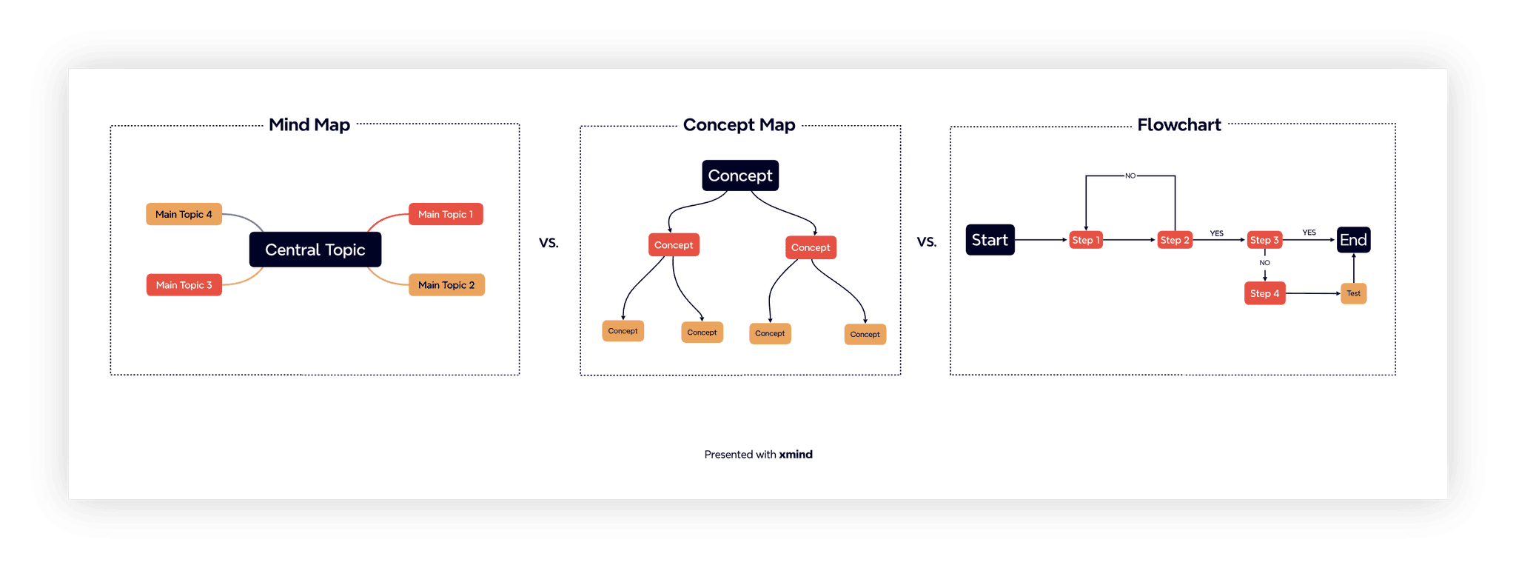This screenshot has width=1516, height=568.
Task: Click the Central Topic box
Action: click(315, 250)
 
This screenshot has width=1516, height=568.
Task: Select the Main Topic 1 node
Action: click(446, 214)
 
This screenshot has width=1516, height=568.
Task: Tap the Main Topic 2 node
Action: click(446, 285)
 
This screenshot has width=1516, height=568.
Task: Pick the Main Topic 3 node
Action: click(184, 285)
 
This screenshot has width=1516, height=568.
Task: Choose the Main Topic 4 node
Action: click(184, 214)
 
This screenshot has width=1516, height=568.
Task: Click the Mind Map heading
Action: click(309, 124)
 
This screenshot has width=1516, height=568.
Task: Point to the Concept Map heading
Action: click(739, 124)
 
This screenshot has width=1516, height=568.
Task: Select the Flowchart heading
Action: click(1178, 124)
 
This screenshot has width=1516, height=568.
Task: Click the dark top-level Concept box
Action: click(739, 176)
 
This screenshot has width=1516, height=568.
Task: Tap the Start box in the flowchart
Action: click(990, 240)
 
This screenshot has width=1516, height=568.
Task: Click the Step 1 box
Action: click(1086, 240)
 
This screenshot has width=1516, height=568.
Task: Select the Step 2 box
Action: click(1175, 240)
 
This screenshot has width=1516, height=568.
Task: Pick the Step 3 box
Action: click(1264, 240)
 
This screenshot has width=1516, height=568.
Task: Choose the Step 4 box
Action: click(1264, 293)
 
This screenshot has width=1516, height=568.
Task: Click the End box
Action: click(1353, 240)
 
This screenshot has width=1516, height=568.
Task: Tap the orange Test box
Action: click(1353, 293)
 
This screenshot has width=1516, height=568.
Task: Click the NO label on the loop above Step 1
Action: click(1130, 176)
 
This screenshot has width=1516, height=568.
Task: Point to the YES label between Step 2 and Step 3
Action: click(1216, 233)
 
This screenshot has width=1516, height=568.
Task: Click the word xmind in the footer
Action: click(796, 455)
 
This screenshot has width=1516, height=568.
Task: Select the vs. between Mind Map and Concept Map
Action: click(549, 242)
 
